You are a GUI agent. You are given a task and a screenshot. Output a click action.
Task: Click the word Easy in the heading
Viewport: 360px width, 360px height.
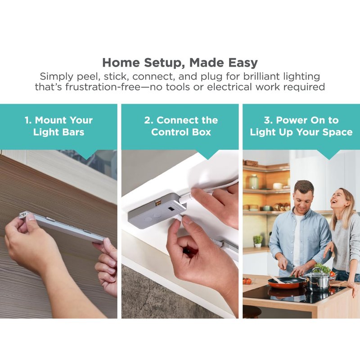[243, 63]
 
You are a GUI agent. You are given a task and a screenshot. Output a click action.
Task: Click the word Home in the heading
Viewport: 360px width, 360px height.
[121, 63]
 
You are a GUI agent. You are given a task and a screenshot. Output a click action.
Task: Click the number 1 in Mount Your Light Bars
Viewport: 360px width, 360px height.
[27, 120]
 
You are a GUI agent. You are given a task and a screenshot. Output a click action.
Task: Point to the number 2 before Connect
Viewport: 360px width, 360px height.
[148, 120]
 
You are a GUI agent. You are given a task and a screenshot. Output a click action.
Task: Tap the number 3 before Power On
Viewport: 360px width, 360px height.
[268, 120]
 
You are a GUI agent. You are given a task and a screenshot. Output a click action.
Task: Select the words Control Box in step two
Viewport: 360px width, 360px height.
[181, 132]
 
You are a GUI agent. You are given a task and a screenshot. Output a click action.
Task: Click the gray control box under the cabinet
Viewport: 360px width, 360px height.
[157, 211]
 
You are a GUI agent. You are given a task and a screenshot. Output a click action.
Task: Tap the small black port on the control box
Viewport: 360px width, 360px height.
[171, 209]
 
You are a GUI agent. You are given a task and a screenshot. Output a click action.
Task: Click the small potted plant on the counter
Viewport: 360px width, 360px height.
[258, 241]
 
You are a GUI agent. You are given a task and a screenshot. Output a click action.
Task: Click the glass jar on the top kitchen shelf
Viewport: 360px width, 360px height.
[254, 181]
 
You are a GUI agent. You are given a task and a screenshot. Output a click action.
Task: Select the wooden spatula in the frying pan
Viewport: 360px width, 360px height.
[278, 279]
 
